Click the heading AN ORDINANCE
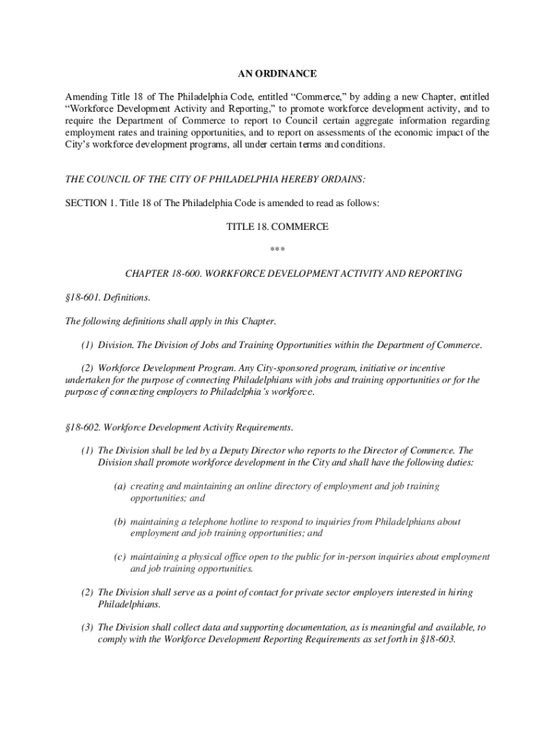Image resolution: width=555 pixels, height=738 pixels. tap(277, 74)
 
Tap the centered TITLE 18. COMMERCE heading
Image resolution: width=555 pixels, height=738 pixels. tap(277, 227)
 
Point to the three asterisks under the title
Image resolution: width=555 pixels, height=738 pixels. tap(277, 250)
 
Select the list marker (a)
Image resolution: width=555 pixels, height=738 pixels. tap(119, 486)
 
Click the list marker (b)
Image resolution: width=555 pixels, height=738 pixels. tap(120, 521)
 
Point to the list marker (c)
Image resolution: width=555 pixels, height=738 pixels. tap(119, 557)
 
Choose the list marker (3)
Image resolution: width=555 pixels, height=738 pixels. tap(86, 628)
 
